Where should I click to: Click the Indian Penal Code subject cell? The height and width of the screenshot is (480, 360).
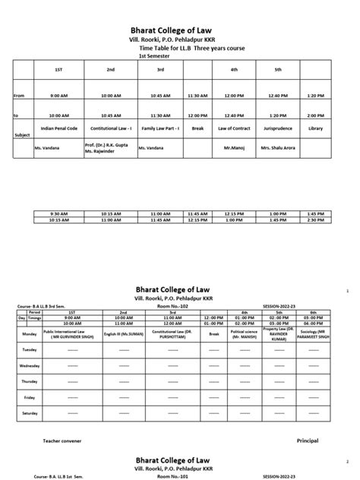point(58,130)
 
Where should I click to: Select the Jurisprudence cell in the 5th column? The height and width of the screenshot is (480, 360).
point(279,130)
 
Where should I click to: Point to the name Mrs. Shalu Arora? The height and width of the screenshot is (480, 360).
point(279,150)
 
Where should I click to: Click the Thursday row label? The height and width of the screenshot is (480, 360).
point(31,381)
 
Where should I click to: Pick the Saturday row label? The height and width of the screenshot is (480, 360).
point(31,412)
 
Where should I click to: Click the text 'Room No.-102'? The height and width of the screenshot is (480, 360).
point(170,307)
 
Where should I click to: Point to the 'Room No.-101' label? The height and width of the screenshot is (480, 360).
point(170,476)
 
